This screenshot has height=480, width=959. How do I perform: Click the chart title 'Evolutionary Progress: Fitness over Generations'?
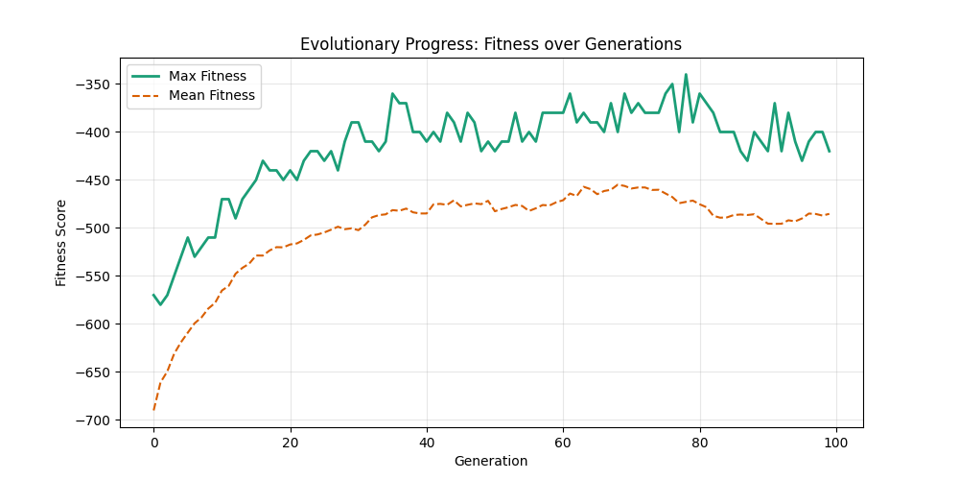[x=491, y=44]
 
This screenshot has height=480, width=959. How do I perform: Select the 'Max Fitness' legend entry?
[x=207, y=76]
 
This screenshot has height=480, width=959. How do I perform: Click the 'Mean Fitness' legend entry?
[x=211, y=95]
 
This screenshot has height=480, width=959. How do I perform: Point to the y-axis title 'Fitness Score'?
[x=61, y=243]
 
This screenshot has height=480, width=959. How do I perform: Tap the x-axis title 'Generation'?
[x=491, y=461]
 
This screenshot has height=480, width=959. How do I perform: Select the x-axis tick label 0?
[x=153, y=442]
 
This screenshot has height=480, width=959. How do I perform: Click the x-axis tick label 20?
[x=290, y=442]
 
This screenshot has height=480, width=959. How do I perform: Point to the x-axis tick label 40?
[x=427, y=442]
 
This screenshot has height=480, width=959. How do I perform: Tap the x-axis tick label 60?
[x=563, y=442]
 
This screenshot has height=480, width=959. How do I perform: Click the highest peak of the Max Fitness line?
[x=686, y=75]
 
